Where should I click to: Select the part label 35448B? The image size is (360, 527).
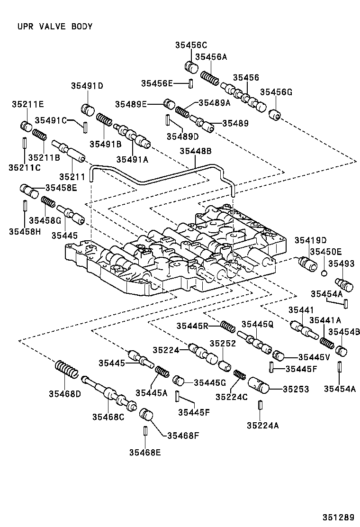195,151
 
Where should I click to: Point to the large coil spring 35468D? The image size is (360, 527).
66,370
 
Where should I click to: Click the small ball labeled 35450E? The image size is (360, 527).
324,273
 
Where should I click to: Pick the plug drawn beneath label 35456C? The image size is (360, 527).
191,67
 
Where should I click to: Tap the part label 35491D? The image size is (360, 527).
87,86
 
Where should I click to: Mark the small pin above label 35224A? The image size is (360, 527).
261,406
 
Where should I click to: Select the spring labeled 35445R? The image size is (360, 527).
229,327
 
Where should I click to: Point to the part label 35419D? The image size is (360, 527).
311,241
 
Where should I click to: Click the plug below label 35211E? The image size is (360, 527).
26,127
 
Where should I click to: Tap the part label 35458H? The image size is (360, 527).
25,231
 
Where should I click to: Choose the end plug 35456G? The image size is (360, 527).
275,115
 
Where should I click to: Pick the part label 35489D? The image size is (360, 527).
183,136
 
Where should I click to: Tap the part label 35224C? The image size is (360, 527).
231,397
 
